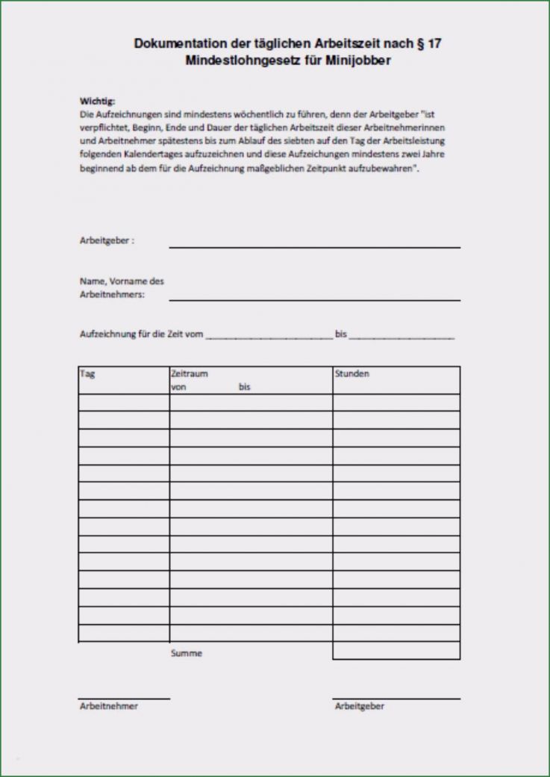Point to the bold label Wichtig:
tap(98, 102)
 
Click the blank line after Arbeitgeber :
tap(314, 246)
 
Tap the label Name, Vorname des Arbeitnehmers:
tap(121, 288)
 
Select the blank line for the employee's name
tap(314, 299)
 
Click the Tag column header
tap(87, 374)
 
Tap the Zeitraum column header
tap(190, 374)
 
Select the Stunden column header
tap(352, 374)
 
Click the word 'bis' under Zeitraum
tap(245, 387)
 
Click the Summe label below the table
tap(186, 653)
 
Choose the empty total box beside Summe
tap(396, 651)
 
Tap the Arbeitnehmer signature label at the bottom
tap(109, 706)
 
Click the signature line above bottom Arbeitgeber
tap(396, 699)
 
